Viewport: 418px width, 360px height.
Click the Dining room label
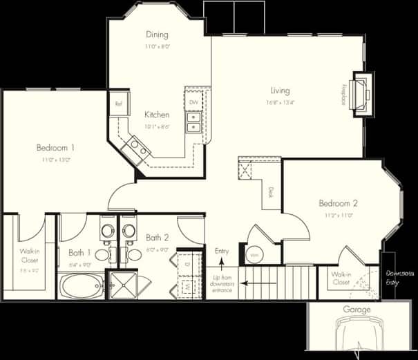(157, 35)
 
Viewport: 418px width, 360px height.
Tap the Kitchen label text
(157, 115)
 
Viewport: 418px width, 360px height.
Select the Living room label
(280, 91)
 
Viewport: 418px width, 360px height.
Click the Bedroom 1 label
(55, 147)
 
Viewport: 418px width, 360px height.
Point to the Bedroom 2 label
(338, 203)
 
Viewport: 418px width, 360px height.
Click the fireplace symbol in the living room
(360, 94)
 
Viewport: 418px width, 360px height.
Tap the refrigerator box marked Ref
(118, 104)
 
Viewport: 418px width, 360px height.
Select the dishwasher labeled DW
(193, 102)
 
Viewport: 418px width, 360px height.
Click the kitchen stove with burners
(135, 146)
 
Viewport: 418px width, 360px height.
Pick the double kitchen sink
(193, 122)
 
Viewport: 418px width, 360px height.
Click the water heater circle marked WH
(254, 255)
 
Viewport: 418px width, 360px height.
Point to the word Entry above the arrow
(222, 251)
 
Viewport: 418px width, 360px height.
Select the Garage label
(357, 310)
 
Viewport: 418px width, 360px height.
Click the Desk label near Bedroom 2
(271, 194)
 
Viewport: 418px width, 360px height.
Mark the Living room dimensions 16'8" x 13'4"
(280, 102)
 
